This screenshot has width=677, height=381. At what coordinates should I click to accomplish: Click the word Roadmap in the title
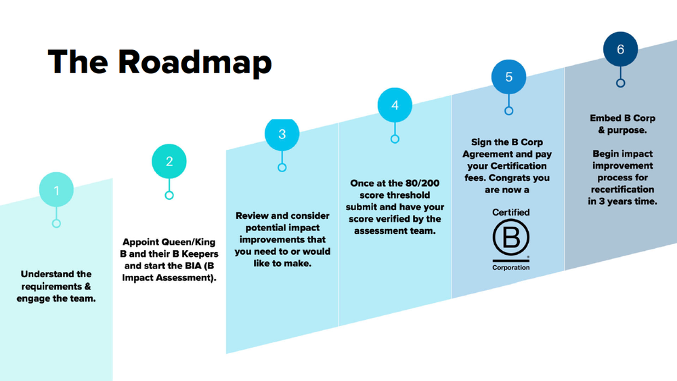pyautogui.click(x=195, y=62)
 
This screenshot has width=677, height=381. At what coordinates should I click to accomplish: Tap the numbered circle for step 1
pyautogui.click(x=56, y=189)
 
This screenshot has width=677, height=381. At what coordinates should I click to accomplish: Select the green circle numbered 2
pyautogui.click(x=169, y=161)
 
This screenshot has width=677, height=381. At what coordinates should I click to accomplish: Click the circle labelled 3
pyautogui.click(x=282, y=134)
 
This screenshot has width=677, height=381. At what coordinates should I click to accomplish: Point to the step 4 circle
pyautogui.click(x=395, y=105)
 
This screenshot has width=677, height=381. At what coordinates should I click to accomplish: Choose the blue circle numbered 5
pyautogui.click(x=508, y=77)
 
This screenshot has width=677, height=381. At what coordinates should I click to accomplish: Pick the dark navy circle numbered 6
pyautogui.click(x=620, y=49)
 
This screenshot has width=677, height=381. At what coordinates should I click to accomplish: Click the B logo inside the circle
pyautogui.click(x=510, y=237)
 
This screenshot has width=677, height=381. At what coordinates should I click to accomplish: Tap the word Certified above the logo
pyautogui.click(x=510, y=212)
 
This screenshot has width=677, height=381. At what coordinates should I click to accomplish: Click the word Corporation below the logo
pyautogui.click(x=510, y=268)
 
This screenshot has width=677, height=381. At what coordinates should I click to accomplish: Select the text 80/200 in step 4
pyautogui.click(x=422, y=183)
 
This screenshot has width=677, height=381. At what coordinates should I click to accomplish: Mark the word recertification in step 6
pyautogui.click(x=623, y=189)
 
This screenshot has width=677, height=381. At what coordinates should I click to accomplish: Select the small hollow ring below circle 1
pyautogui.click(x=56, y=224)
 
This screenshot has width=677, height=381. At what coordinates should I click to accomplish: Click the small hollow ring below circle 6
pyautogui.click(x=620, y=83)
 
